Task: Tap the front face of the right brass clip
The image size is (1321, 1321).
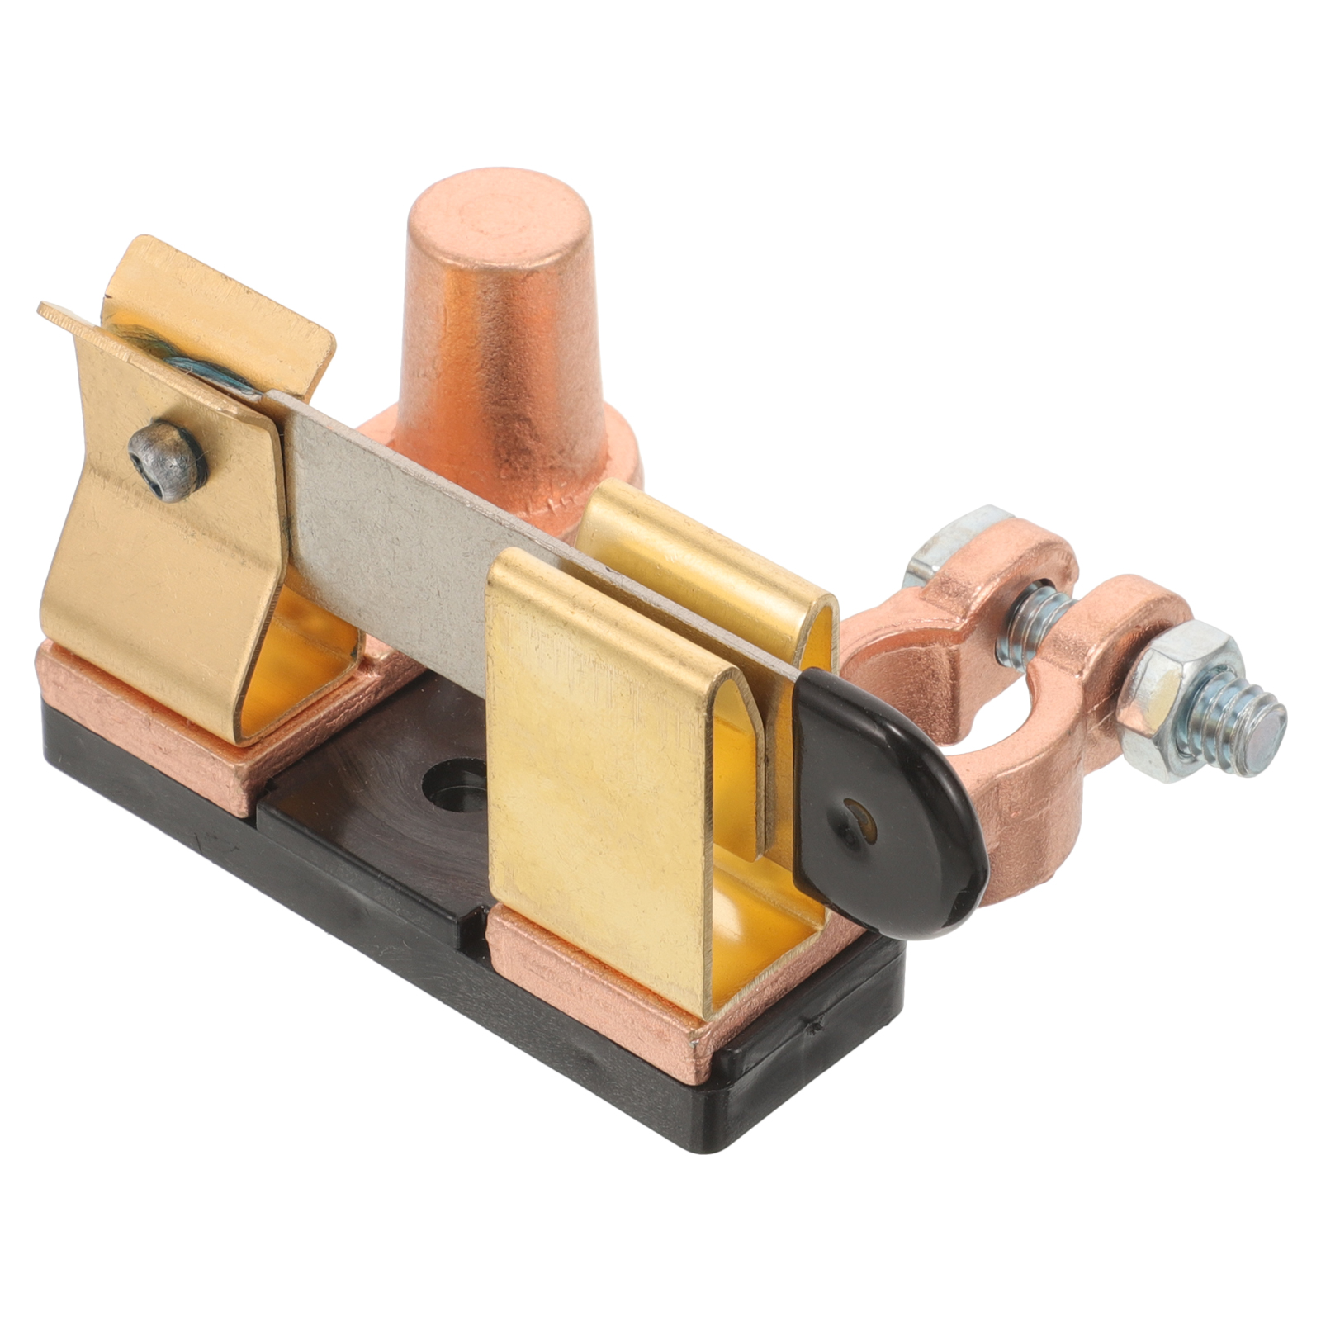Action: tap(594, 784)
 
